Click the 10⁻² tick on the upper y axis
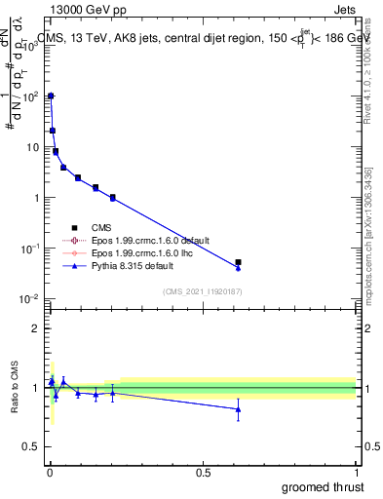point(33,298)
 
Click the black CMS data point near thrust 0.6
point(239,262)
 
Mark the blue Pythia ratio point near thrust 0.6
point(239,409)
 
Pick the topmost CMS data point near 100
point(51,96)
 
